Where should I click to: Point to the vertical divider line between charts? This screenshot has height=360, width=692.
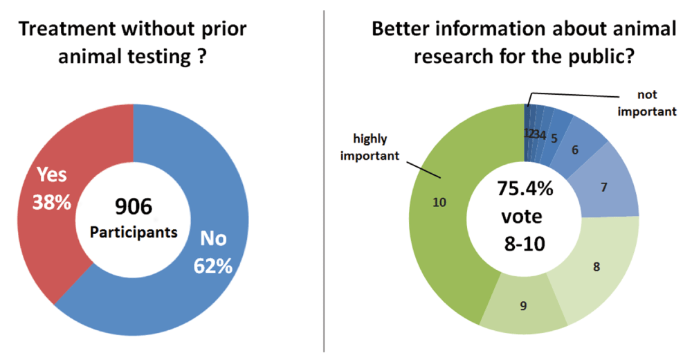324,180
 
